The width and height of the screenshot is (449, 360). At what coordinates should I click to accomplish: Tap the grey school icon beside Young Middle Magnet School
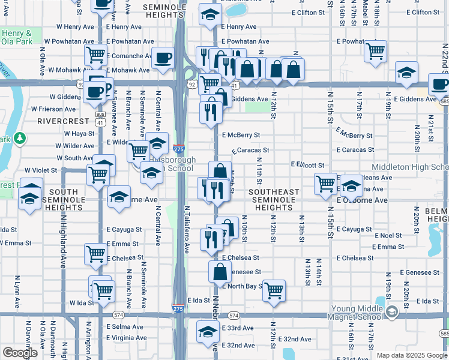[392, 311]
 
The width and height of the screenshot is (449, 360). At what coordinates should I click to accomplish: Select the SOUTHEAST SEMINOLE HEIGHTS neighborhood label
[274, 200]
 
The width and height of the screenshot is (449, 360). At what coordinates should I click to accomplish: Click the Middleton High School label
[410, 167]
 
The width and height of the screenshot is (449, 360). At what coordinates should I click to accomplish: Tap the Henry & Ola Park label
[16, 37]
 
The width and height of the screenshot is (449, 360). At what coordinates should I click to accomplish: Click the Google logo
[20, 352]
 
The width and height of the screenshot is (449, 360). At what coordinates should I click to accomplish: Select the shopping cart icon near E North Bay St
[274, 290]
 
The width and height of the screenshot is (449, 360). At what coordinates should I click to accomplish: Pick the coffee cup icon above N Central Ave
[163, 58]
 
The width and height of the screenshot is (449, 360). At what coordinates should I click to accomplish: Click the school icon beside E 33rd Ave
[208, 331]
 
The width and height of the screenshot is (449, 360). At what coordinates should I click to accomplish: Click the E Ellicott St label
[307, 165]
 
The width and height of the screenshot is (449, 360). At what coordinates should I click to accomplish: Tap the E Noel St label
[389, 236]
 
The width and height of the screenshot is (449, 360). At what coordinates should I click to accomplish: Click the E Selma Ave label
[125, 328]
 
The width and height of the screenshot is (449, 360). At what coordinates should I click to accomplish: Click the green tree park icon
[20, 139]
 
